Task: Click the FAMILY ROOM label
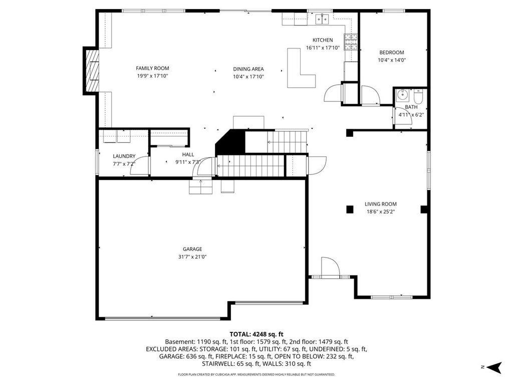click(152, 68)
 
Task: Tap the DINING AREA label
click(248, 69)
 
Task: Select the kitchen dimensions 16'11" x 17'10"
click(323, 48)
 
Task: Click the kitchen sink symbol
click(322, 19)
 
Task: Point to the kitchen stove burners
click(351, 42)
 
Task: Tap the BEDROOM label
click(392, 52)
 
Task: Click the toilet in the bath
click(419, 96)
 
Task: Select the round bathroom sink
click(402, 95)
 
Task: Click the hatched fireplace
click(92, 71)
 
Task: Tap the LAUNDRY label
click(124, 156)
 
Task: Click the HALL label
click(188, 154)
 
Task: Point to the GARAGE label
click(192, 249)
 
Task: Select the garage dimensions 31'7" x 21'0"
click(192, 257)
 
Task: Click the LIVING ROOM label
click(381, 204)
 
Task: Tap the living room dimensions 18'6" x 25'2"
click(381, 212)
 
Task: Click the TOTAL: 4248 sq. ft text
click(256, 334)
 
